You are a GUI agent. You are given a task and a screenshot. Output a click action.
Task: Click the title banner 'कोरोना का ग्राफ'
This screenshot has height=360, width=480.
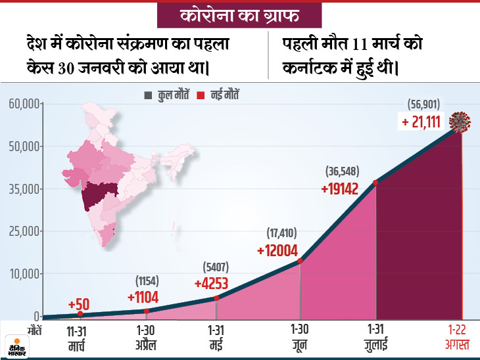tap(240, 14)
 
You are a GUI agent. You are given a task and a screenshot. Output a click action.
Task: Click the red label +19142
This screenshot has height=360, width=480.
tap(343, 188)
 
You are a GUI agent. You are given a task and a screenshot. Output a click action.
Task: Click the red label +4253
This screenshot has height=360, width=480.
tap(216, 283)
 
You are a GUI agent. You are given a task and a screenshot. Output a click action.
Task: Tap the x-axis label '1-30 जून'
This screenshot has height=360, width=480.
tap(299, 336)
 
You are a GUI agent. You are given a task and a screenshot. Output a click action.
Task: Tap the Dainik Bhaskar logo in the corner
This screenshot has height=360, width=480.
tap(18, 344)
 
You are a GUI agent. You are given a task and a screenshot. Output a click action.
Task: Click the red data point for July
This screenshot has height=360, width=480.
tap(375, 183)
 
